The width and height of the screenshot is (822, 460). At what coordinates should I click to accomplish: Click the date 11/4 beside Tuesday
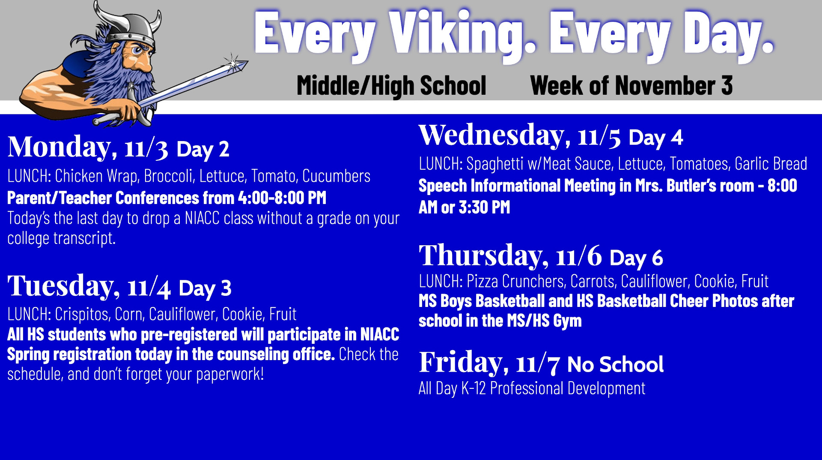point(149,288)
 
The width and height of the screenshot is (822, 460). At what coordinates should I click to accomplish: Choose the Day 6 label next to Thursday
point(636,258)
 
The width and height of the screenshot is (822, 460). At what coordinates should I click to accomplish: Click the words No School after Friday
point(615,365)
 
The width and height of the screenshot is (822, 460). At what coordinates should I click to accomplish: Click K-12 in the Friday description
point(474,388)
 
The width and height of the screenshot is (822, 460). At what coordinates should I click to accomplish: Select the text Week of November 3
point(631,85)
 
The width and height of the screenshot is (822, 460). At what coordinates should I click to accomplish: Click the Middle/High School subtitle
point(391,86)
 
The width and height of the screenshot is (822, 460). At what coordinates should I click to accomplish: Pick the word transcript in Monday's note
point(84,238)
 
